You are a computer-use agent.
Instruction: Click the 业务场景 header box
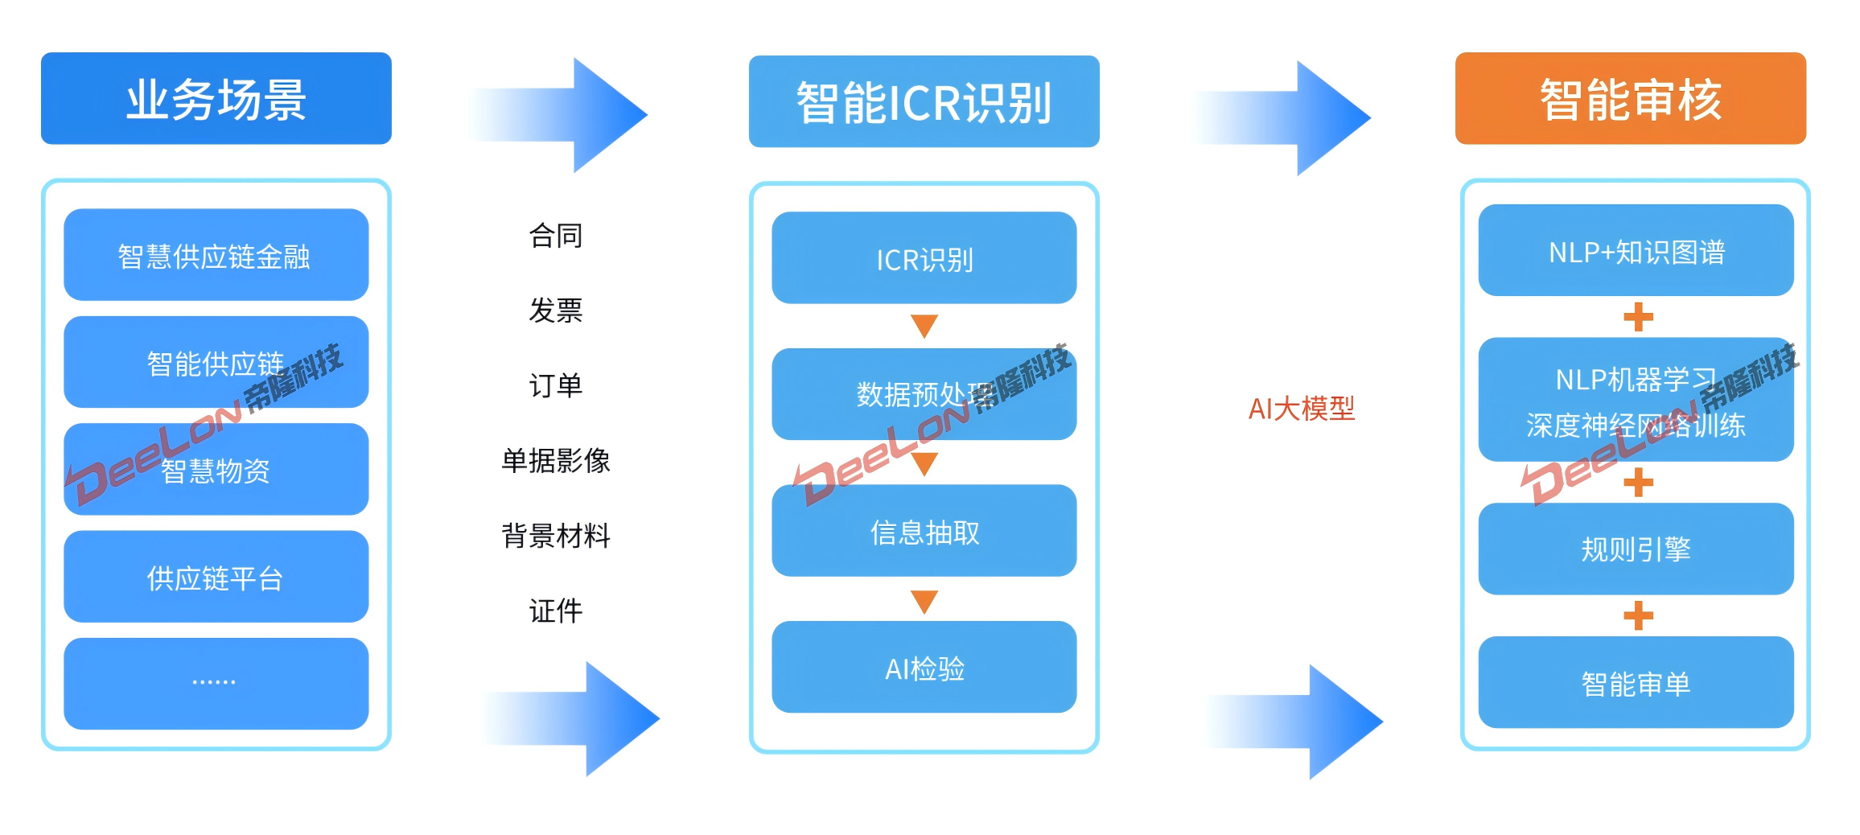coord(216,99)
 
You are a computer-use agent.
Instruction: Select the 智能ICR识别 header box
coord(924,102)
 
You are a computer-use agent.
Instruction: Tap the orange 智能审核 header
coord(1630,99)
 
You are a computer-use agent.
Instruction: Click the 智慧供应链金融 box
coord(216,255)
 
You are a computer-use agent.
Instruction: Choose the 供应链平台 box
coord(216,577)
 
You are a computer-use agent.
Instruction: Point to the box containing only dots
coord(216,683)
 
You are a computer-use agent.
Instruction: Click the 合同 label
coord(555,236)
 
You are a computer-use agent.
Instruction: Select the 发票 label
coord(555,310)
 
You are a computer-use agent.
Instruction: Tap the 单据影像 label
coord(555,460)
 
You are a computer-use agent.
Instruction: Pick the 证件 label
coord(555,611)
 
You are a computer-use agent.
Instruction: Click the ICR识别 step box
coord(924,258)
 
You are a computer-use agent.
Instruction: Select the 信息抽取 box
coord(924,531)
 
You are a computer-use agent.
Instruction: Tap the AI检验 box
coord(924,667)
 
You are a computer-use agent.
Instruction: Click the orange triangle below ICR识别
coord(924,325)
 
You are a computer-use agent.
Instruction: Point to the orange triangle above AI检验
coord(924,601)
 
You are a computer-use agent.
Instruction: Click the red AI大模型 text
coord(1301,409)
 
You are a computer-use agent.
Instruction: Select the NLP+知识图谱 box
coord(1636,251)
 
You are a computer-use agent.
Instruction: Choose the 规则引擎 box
coord(1636,549)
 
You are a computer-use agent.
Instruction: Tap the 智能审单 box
coord(1636,683)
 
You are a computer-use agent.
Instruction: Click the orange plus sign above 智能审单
coord(1638,616)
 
